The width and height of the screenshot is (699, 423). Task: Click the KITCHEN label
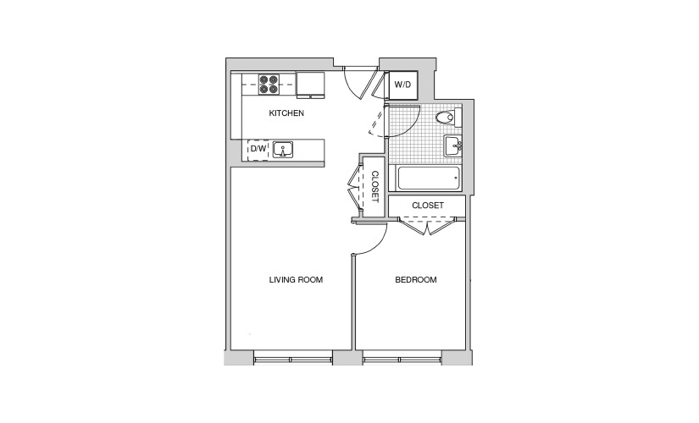point(286,113)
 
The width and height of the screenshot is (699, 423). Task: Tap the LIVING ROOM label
point(296,280)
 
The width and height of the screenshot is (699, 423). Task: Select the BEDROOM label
point(416,280)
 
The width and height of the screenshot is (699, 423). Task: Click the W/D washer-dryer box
point(403,85)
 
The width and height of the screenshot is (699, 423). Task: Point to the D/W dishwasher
point(258,149)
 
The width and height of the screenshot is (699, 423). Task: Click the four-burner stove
point(269,84)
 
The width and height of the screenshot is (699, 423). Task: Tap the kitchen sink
point(283,150)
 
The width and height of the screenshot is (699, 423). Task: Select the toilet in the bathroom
point(448,118)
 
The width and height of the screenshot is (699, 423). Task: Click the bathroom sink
point(453,146)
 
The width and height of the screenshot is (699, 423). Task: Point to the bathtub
point(429,179)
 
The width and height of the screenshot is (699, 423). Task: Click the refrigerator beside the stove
point(311,85)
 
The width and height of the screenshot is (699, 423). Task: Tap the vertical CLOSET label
point(374,187)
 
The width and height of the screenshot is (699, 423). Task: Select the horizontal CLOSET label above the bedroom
point(428,206)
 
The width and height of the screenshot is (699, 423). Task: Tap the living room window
point(293,358)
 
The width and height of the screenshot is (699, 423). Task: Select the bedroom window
point(402,358)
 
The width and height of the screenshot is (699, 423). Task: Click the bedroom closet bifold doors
point(427,225)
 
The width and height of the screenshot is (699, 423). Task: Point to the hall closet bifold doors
point(356,187)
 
